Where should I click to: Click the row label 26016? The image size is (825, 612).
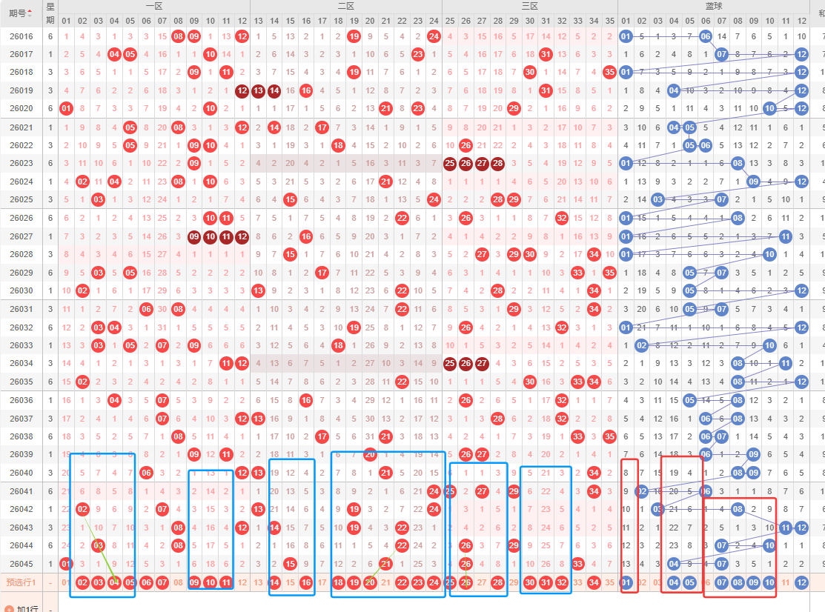coord(21,36)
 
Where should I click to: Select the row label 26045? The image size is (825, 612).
coord(21,564)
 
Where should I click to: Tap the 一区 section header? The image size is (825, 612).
coord(154,6)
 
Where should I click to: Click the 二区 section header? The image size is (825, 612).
coord(345,6)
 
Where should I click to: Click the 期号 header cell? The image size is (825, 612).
coord(21,13)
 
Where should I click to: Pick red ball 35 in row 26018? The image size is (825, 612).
coord(609,72)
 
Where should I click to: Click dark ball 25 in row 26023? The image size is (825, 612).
coord(449,163)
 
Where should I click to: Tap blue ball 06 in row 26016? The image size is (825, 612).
coord(705,36)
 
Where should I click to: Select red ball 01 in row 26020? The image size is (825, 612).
coord(66,108)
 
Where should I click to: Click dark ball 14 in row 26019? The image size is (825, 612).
coord(274,90)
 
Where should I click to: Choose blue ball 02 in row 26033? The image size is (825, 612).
coord(642,345)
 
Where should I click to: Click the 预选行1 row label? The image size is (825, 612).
coord(21,582)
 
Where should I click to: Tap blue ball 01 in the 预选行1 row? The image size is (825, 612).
coord(626,582)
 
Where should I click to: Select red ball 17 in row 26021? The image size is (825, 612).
coord(322,127)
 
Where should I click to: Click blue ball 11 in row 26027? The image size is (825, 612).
coord(786,236)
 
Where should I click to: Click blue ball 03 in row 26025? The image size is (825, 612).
coord(657,199)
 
